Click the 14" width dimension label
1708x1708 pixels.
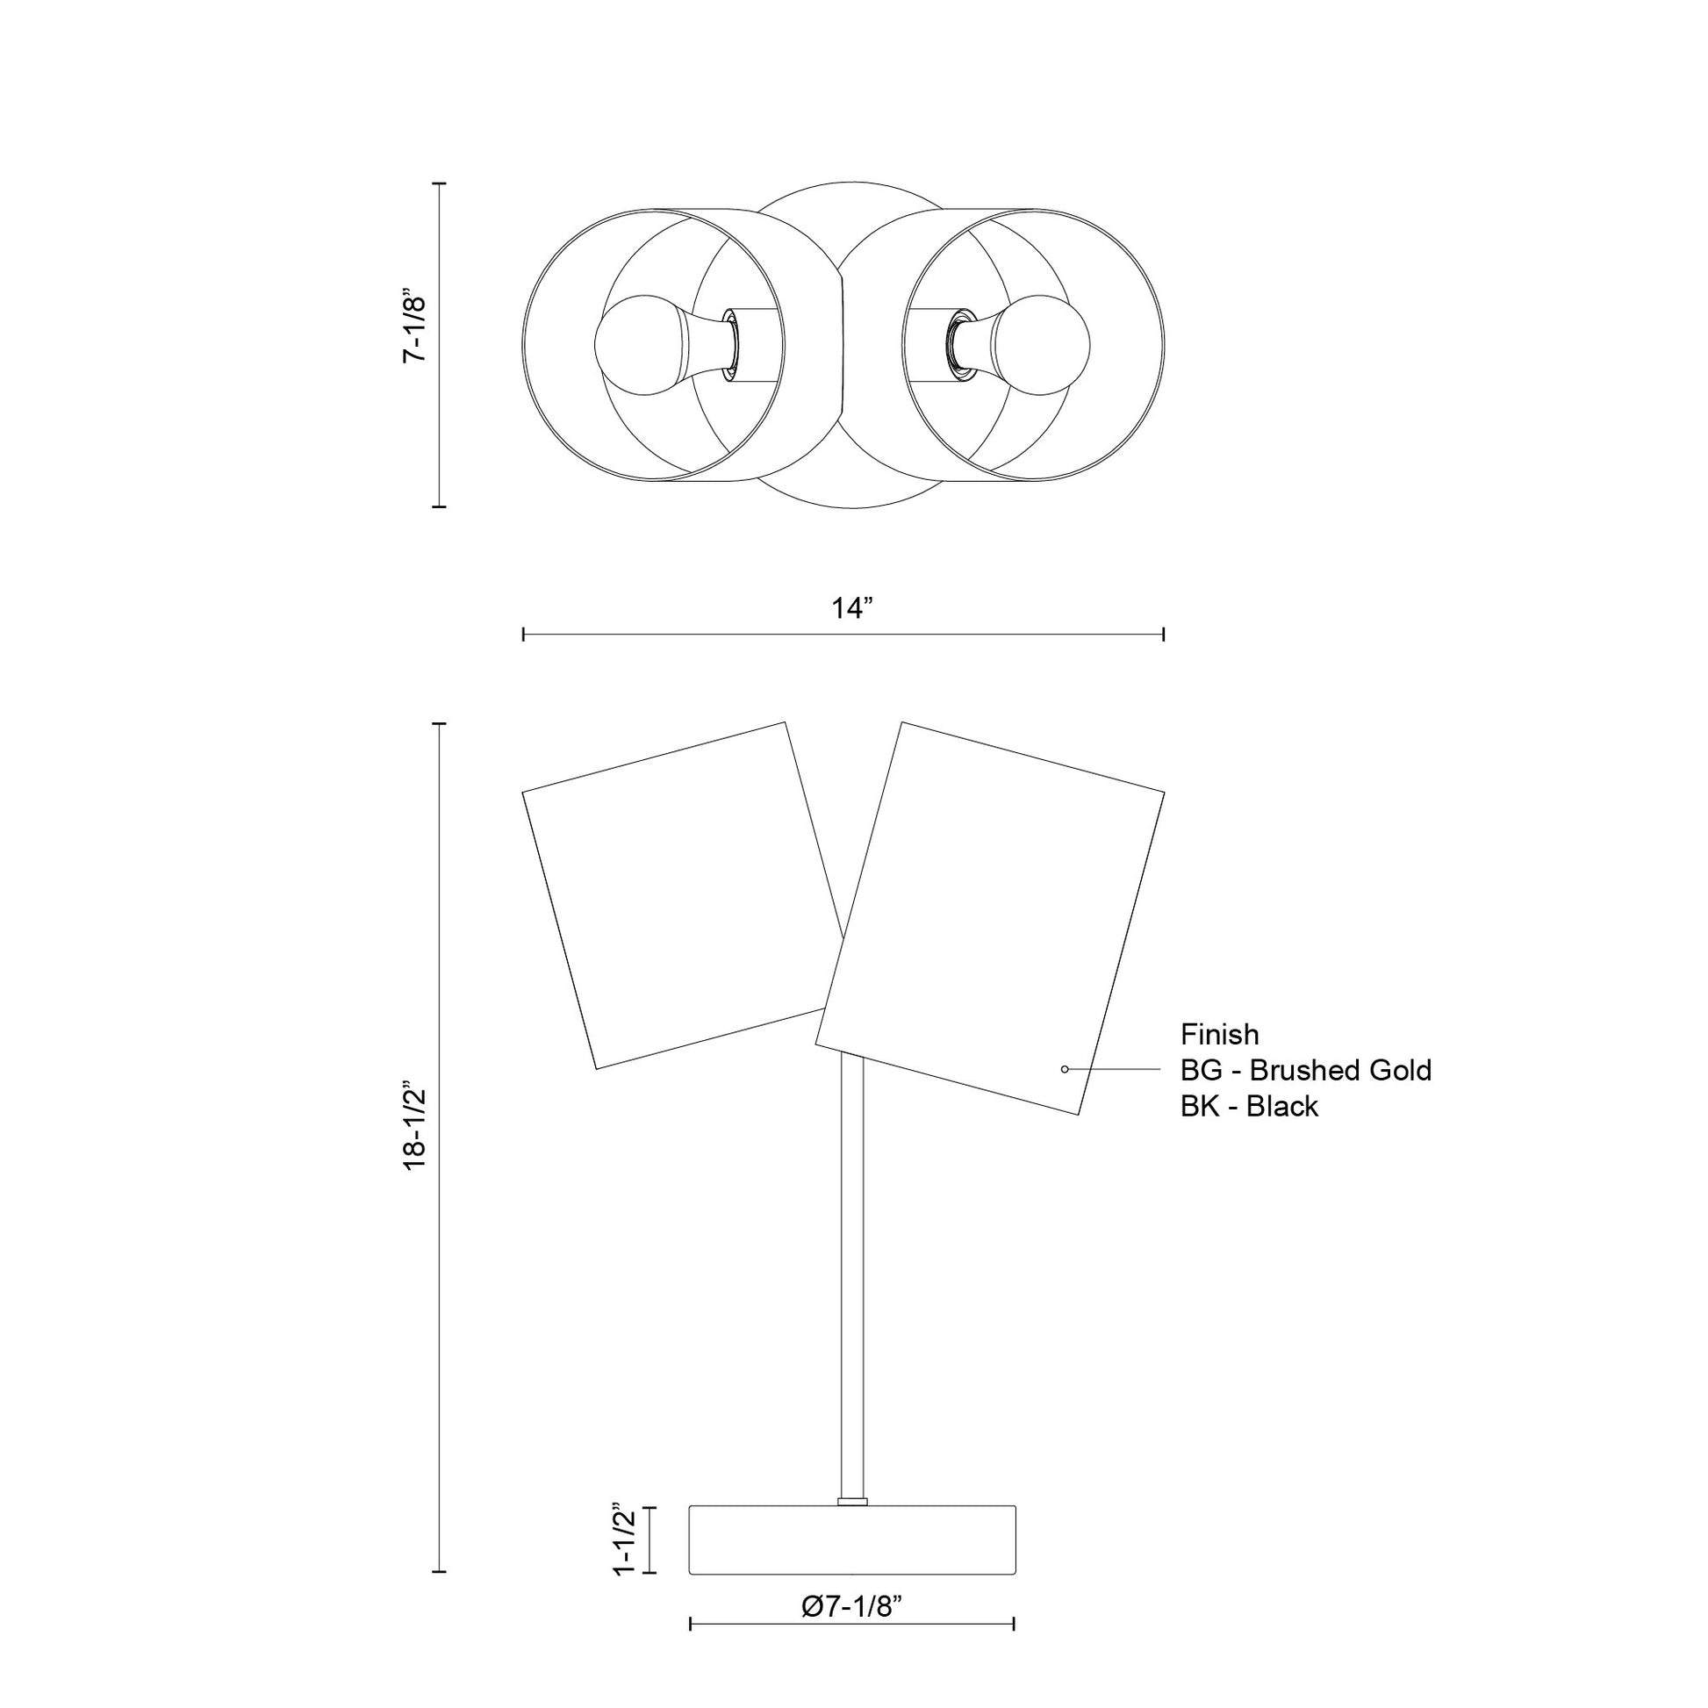[852, 609]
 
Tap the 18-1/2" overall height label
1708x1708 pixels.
[414, 1125]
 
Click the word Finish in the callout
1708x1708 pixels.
[1219, 1034]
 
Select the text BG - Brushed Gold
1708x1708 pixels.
[1305, 1071]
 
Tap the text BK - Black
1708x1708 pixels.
[1248, 1107]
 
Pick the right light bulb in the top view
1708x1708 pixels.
[1042, 345]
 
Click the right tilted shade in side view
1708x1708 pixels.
[990, 920]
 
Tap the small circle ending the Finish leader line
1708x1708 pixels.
[1065, 1070]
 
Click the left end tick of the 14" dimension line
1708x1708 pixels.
[524, 634]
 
